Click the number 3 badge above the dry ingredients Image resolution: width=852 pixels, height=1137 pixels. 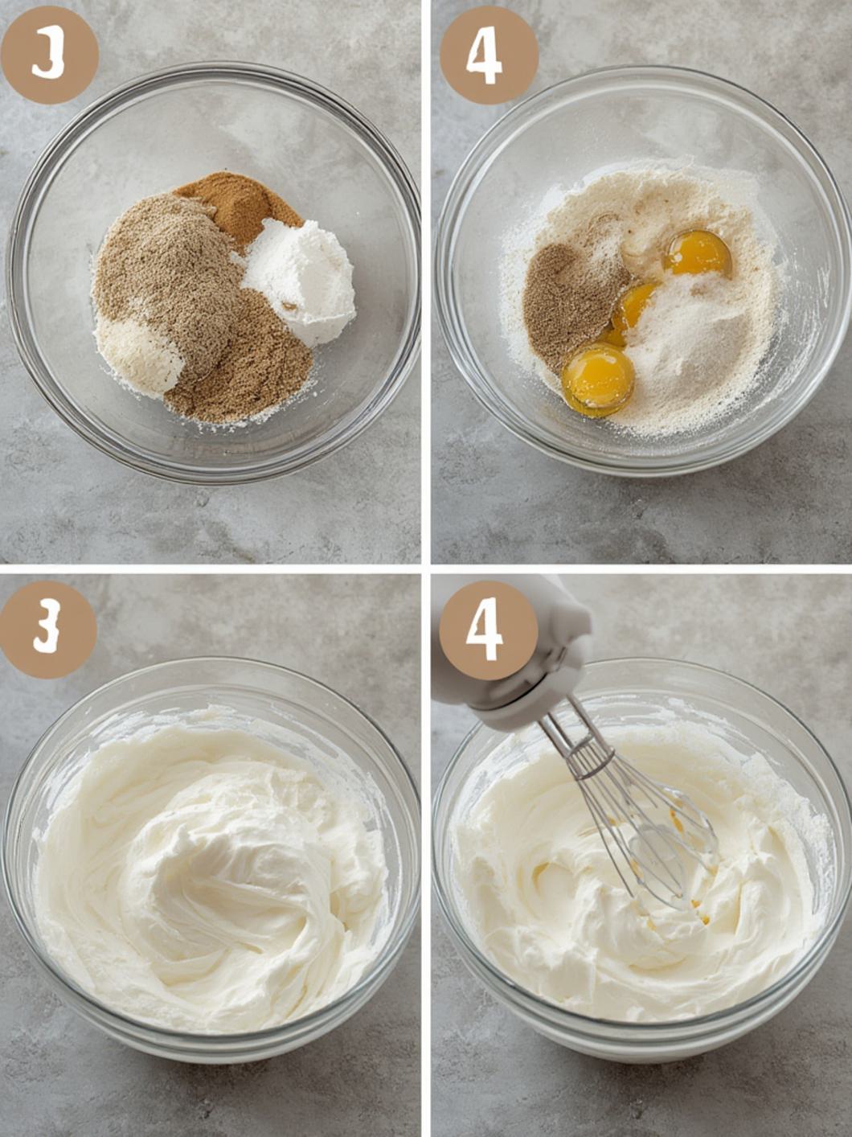tap(49, 54)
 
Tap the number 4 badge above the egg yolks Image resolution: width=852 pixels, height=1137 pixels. tap(488, 54)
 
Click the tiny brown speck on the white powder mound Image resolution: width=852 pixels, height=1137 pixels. tap(289, 306)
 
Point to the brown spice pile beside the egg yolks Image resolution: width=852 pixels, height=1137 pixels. tap(566, 302)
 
